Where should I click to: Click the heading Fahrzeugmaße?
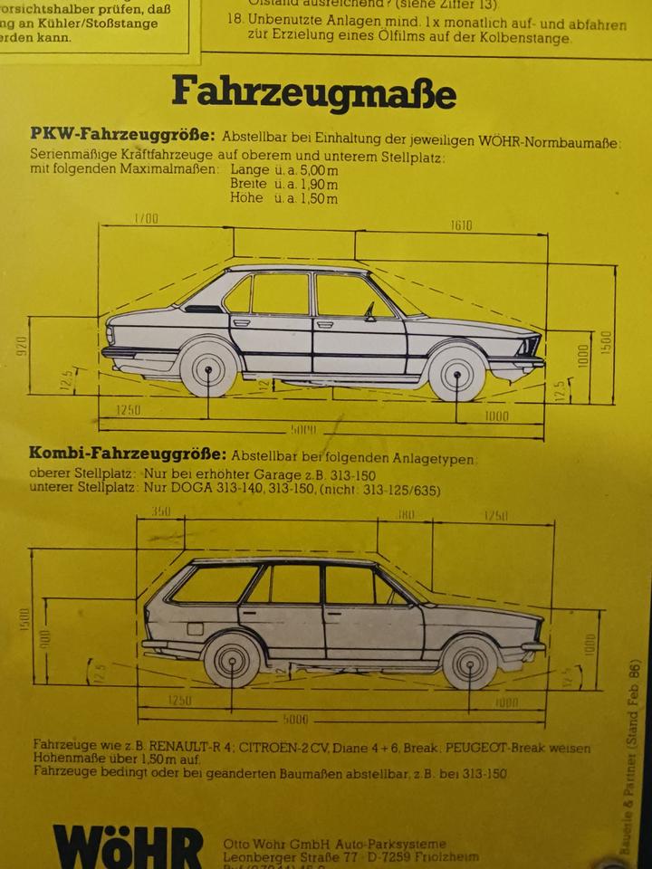[313, 92]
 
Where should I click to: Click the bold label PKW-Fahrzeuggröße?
[122, 135]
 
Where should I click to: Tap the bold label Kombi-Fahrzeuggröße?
[128, 453]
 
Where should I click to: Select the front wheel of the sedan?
[455, 373]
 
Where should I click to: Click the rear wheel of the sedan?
[208, 368]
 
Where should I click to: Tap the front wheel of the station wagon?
[470, 662]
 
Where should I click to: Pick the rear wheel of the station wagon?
[233, 660]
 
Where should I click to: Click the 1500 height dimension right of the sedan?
[606, 341]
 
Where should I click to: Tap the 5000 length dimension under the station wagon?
[295, 720]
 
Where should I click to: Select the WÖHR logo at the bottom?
[127, 845]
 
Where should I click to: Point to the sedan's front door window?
[352, 295]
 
